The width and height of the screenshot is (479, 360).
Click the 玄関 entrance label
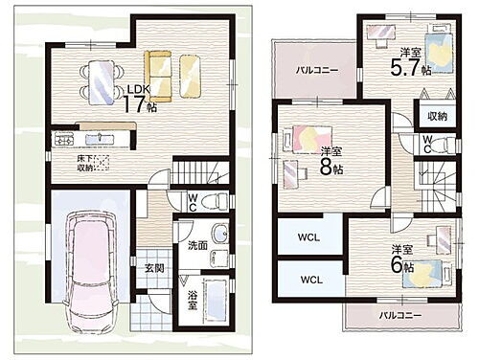[153, 270]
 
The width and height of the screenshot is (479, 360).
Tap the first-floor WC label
[194, 203]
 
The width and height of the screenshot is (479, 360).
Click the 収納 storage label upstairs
[438, 116]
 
